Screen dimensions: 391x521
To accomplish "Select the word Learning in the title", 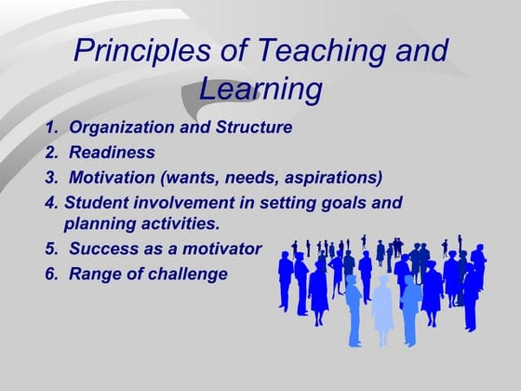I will (x=260, y=90).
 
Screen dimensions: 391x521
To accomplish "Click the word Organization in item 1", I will (x=118, y=127).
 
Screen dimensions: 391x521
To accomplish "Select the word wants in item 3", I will (x=196, y=177).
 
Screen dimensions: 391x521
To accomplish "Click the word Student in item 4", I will (x=95, y=202).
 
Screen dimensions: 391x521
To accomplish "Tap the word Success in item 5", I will (x=101, y=249).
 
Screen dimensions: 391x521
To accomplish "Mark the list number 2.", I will (x=50, y=152).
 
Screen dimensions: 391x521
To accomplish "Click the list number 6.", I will (x=50, y=274).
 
